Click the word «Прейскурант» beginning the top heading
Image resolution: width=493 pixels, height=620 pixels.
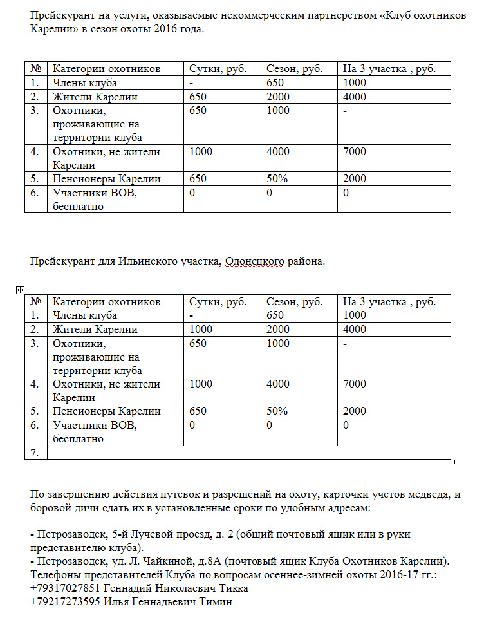click(61, 15)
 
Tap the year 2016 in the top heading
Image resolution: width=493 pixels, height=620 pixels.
click(189, 30)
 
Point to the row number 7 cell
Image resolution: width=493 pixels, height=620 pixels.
click(36, 453)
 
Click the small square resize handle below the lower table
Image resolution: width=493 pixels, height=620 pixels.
click(453, 462)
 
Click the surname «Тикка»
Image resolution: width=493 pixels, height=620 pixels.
click(234, 588)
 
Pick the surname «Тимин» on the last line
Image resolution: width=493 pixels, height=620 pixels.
click(216, 602)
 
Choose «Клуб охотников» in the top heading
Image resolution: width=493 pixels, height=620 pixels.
click(428, 15)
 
